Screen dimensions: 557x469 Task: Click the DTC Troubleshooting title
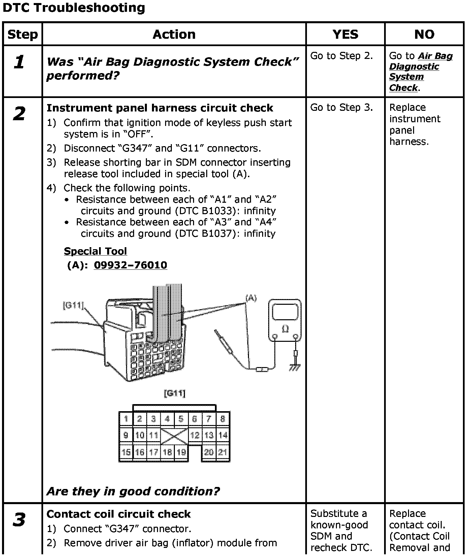point(74,8)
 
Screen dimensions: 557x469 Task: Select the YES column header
point(345,34)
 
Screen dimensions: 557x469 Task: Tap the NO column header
point(424,34)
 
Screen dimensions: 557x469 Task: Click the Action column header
point(174,34)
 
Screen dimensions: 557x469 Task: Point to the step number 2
point(19,114)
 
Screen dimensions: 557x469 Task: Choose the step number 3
point(19,520)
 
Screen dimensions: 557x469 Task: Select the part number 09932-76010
point(130,265)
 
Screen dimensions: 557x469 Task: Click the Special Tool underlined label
point(95,251)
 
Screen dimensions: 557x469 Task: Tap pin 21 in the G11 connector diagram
point(222,452)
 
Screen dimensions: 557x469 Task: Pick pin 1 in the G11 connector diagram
point(126,419)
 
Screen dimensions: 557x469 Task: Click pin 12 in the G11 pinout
point(195,435)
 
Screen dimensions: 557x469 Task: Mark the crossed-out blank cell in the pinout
point(174,435)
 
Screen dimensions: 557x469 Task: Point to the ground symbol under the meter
point(295,368)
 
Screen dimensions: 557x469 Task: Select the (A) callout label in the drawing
point(251,298)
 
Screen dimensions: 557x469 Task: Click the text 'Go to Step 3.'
point(341,107)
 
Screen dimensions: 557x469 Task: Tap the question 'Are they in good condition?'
point(133,491)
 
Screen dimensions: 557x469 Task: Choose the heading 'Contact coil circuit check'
point(119,514)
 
